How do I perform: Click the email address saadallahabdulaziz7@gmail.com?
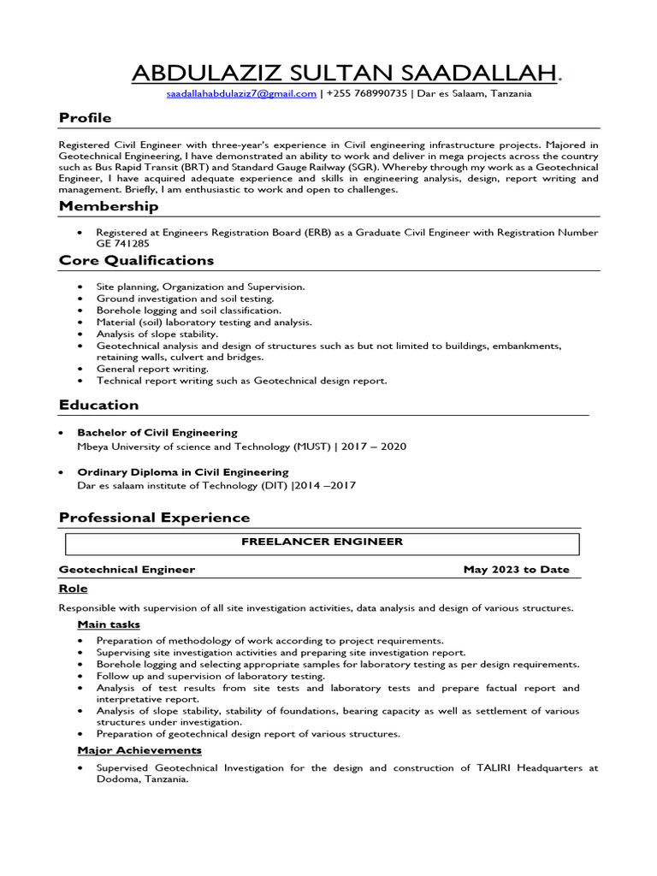click(x=241, y=94)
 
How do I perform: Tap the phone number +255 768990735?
click(x=367, y=94)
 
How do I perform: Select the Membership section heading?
click(x=109, y=206)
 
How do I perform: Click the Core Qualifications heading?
click(x=137, y=260)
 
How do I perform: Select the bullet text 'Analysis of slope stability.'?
click(x=157, y=334)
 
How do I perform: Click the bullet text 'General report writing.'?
click(x=152, y=369)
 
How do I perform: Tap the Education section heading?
click(x=98, y=405)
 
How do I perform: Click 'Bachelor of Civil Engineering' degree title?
click(x=157, y=433)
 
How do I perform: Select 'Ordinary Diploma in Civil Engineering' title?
click(x=183, y=472)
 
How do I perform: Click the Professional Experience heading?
click(x=154, y=518)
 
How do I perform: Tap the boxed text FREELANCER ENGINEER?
click(x=322, y=542)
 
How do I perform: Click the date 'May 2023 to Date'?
click(x=516, y=570)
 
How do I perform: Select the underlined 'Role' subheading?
click(x=73, y=589)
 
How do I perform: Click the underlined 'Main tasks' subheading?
click(x=109, y=624)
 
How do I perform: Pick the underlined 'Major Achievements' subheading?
click(x=139, y=750)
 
